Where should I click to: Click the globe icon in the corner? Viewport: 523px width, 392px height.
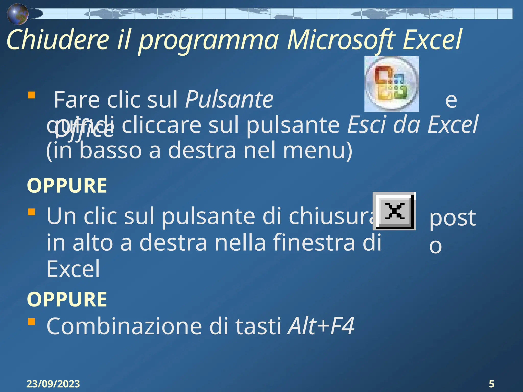[17, 14]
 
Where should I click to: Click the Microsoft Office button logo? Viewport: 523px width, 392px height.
[391, 84]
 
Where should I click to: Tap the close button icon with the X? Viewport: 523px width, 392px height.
[394, 211]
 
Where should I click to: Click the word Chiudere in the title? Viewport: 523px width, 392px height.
[58, 40]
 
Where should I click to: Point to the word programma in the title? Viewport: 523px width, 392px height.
[208, 41]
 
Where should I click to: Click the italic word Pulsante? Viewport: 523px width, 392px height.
[229, 100]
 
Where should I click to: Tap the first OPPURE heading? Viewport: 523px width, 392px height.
[67, 186]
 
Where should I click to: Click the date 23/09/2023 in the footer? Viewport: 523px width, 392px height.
[53, 384]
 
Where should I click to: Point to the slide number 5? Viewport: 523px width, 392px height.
[491, 384]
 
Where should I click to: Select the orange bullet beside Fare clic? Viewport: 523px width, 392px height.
[31, 95]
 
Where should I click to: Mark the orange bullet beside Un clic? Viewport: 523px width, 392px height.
[31, 212]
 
